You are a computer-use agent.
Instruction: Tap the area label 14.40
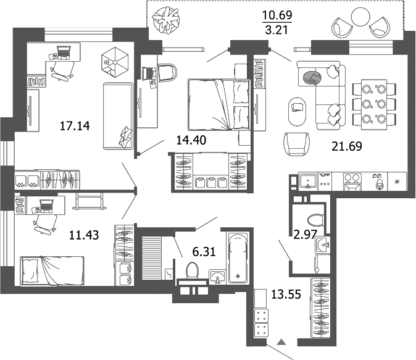click(x=191, y=140)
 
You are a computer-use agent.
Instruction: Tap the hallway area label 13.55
click(x=285, y=294)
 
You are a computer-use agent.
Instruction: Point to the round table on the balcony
click(x=359, y=17)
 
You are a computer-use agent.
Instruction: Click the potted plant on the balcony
click(x=166, y=20)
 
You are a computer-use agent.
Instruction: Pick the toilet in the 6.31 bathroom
click(x=192, y=270)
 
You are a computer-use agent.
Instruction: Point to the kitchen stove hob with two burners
click(x=352, y=180)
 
